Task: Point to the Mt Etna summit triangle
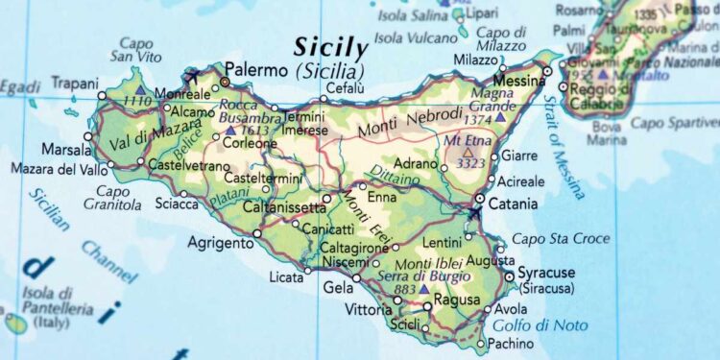[468, 151]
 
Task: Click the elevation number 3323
[469, 164]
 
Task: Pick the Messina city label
[518, 83]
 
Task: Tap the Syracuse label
[546, 273]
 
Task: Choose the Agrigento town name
[223, 242]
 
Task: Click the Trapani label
[75, 84]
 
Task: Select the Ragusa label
[457, 300]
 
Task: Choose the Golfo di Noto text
[552, 325]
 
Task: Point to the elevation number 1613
[254, 131]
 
